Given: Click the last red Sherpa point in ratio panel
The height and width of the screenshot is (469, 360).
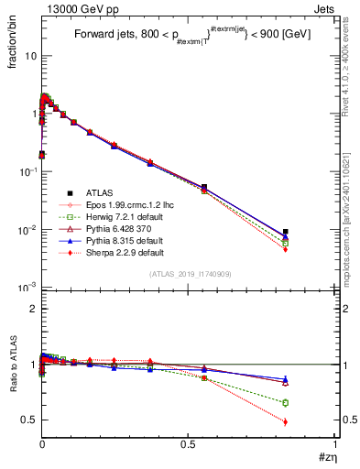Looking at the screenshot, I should tap(286, 422).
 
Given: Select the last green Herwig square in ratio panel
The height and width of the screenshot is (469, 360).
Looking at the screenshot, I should tap(286, 403).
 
